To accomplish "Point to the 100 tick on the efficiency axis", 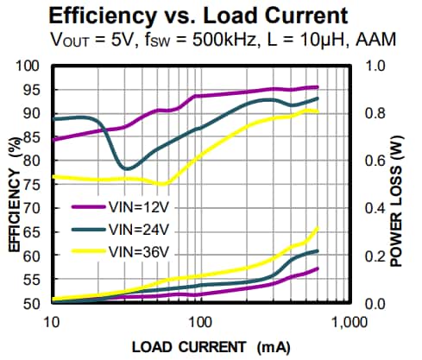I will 30,66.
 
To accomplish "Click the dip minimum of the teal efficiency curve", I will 127,168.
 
